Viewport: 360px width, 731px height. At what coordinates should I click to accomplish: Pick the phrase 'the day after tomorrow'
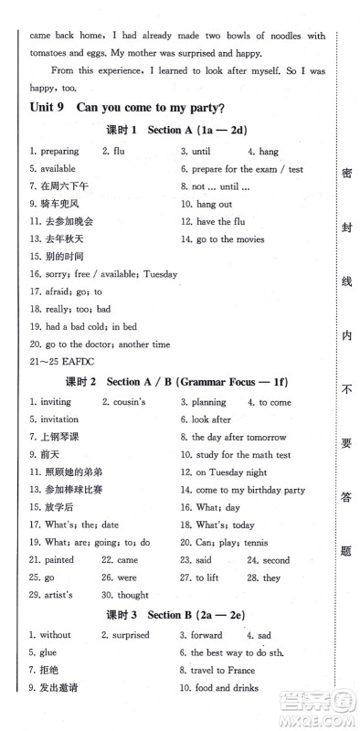tap(238, 437)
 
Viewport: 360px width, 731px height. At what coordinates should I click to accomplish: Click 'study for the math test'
tap(241, 455)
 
